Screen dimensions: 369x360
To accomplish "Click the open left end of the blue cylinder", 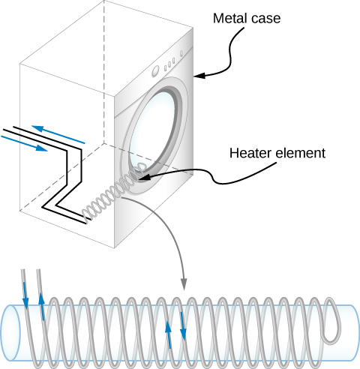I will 11,330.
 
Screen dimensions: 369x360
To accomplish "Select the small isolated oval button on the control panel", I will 183,52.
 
